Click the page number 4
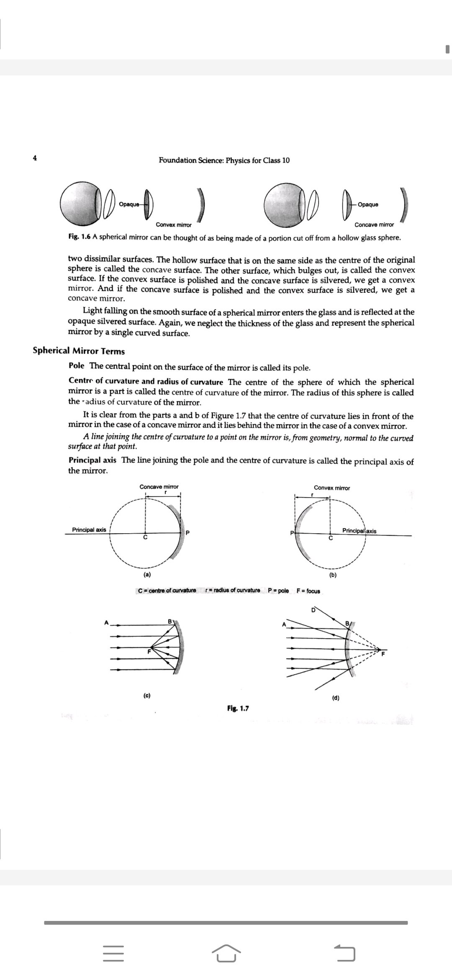tap(35, 158)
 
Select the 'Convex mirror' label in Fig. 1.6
tap(171, 225)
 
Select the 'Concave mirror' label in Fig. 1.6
tap(374, 225)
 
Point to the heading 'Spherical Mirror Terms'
tap(79, 351)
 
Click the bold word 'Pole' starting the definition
tap(76, 366)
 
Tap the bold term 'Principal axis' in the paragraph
tap(92, 460)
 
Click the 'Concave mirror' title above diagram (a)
tap(159, 487)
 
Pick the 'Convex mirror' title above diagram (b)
tap(332, 488)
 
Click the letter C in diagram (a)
tap(145, 537)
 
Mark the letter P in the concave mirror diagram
tap(187, 533)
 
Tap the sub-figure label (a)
tap(147, 575)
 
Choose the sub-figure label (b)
tap(333, 575)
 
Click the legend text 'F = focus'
tap(308, 591)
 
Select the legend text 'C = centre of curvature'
tap(167, 591)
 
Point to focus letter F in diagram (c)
tap(149, 652)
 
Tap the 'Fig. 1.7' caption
tap(238, 709)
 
